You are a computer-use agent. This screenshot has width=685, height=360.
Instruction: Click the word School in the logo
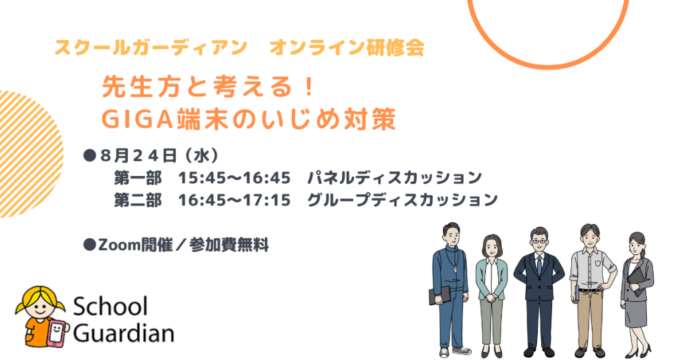click(x=110, y=306)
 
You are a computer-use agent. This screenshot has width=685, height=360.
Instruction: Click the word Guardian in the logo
click(x=124, y=333)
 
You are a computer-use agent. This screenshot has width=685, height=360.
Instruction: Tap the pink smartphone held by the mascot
click(x=57, y=333)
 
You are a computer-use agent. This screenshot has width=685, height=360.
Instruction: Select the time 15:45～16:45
click(x=234, y=178)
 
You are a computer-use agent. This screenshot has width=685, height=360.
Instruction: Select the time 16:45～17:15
click(x=234, y=200)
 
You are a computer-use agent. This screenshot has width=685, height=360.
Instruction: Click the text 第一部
click(x=138, y=178)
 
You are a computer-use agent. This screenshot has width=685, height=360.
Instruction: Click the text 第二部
click(x=138, y=200)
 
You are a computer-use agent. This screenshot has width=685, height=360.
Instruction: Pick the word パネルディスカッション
click(x=395, y=178)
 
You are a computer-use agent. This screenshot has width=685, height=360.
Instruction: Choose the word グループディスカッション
click(x=402, y=200)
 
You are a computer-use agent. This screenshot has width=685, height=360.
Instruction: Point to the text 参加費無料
click(x=229, y=245)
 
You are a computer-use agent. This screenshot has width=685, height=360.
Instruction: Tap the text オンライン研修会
click(x=347, y=48)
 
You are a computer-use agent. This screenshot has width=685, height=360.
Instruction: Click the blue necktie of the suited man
click(x=540, y=265)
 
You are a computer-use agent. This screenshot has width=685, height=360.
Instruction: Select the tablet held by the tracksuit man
click(x=439, y=295)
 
